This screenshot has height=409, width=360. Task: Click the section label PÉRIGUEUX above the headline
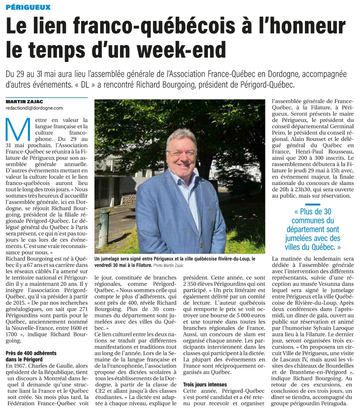[28, 7]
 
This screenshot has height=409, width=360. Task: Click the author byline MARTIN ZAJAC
[24, 102]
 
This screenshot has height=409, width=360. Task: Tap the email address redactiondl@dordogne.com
[34, 108]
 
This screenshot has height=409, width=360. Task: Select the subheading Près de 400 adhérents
[31, 353]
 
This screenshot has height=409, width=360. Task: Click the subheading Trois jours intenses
[205, 384]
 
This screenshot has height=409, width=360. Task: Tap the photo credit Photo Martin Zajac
[173, 265]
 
